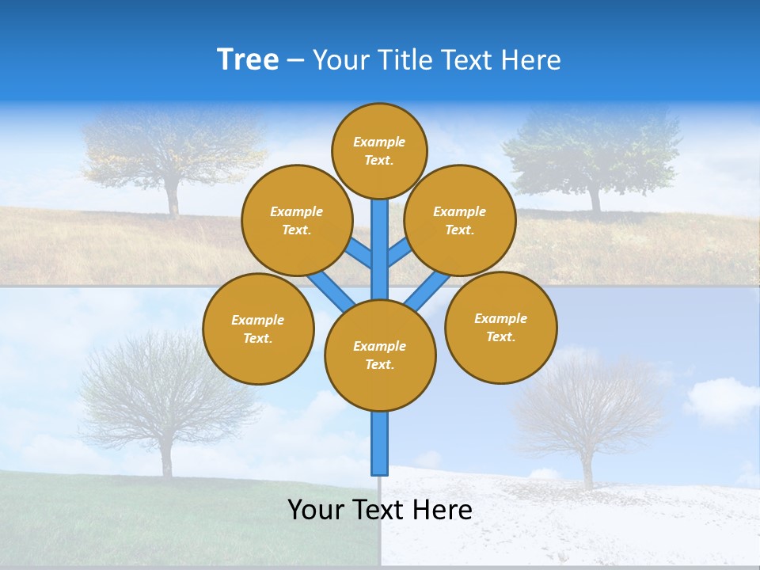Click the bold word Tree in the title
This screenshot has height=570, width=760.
pyautogui.click(x=248, y=59)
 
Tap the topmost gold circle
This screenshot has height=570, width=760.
pyautogui.click(x=379, y=150)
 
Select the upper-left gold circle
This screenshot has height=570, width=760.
pyautogui.click(x=297, y=220)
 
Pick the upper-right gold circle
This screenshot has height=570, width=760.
pyautogui.click(x=460, y=220)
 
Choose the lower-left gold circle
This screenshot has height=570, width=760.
pyautogui.click(x=258, y=329)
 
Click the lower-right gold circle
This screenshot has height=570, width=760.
pyautogui.click(x=501, y=327)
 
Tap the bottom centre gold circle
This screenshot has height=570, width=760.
pyautogui.click(x=380, y=355)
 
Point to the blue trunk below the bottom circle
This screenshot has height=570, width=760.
pyautogui.click(x=380, y=443)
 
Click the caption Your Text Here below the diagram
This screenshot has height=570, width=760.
pyautogui.click(x=380, y=510)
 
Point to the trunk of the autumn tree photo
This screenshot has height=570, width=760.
pyautogui.click(x=172, y=198)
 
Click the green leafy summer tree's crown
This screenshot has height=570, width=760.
pyautogui.click(x=594, y=146)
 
